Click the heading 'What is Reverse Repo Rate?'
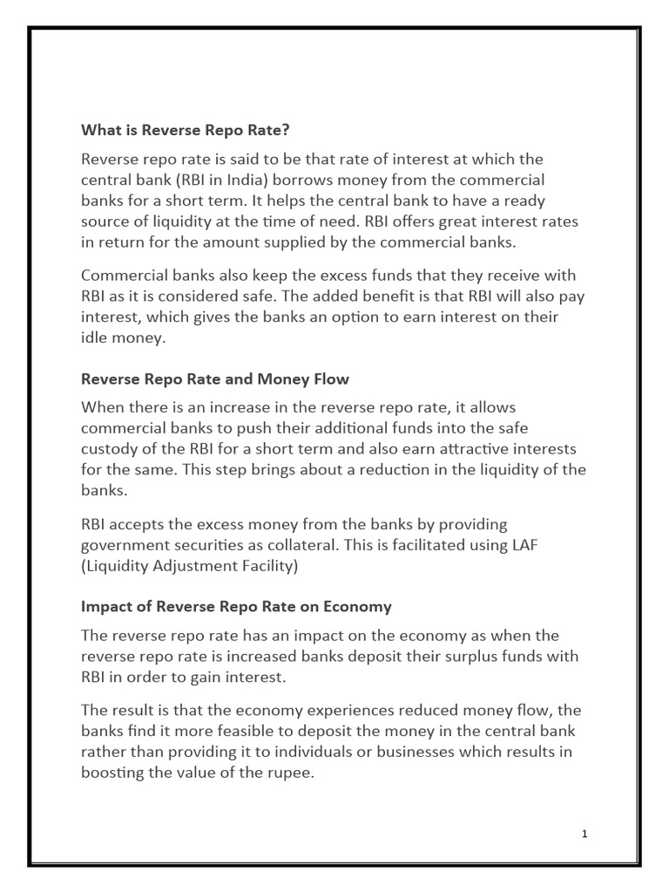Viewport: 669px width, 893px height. coord(185,130)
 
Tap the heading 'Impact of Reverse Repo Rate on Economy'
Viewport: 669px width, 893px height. coord(236,606)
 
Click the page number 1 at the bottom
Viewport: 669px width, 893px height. coord(585,834)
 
